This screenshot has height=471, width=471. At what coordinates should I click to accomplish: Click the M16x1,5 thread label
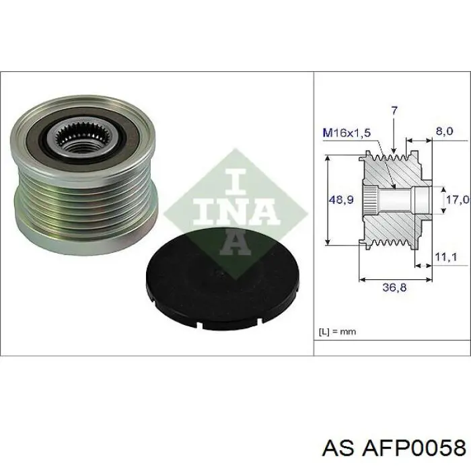pos(347,133)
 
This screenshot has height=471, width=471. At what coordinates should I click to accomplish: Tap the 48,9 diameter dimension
pos(341,199)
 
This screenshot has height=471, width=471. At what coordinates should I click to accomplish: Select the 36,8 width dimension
pos(394,288)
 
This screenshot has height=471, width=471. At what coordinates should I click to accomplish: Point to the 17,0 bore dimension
pos(458,199)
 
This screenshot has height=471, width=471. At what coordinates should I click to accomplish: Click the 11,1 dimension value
pos(445,256)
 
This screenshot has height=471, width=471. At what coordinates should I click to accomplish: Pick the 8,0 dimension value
pos(444,131)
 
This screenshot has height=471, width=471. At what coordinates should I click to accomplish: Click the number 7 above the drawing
pos(394,111)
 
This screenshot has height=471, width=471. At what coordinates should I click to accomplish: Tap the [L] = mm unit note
pos(337,332)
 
